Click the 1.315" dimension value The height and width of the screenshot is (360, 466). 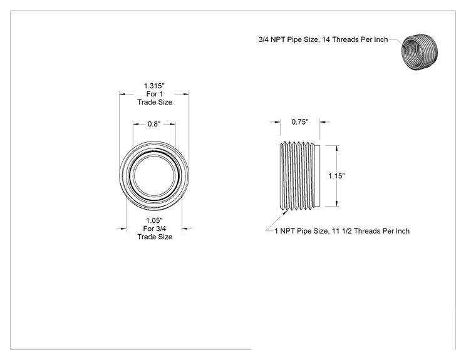(154, 86)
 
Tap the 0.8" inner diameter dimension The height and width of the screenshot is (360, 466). (154, 124)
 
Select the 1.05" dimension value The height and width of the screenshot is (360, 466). (154, 220)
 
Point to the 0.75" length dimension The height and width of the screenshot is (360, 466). (300, 122)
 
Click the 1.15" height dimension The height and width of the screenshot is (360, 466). (336, 176)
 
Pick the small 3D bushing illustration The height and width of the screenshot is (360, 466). (420, 52)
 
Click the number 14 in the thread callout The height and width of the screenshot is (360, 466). (326, 39)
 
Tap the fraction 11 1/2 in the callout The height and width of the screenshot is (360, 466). (342, 231)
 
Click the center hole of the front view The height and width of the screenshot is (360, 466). (154, 175)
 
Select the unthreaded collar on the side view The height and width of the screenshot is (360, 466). (318, 176)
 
